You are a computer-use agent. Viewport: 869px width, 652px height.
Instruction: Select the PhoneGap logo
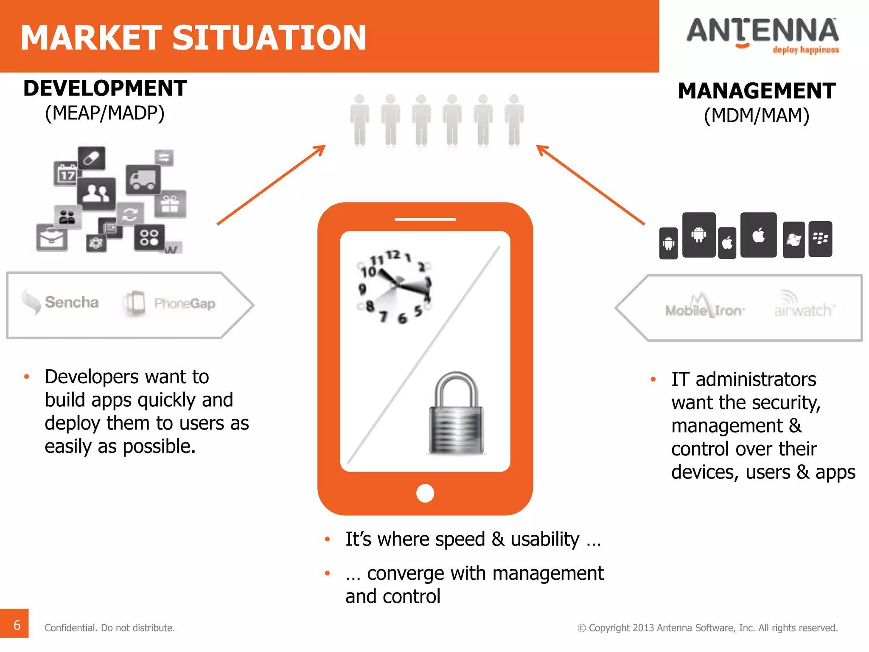pos(170,303)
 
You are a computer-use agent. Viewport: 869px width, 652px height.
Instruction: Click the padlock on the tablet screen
pos(456,413)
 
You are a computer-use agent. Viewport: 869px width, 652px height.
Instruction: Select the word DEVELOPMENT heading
pos(105,88)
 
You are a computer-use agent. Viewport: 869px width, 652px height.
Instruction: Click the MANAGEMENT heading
pos(757,91)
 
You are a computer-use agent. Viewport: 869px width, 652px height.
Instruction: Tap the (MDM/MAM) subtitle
pos(757,115)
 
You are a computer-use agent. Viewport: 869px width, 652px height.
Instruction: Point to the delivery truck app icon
pos(143,180)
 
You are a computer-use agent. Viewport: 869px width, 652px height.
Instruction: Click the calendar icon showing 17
pos(66,174)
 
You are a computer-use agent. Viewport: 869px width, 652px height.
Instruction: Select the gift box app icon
pos(170,204)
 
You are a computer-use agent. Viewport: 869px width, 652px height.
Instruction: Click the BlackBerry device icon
pos(820,239)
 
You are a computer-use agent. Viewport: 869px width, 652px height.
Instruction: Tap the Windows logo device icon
pos(793,240)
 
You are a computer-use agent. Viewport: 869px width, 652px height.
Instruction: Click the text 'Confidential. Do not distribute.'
pos(110,628)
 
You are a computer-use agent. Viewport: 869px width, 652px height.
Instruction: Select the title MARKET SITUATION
pos(193,37)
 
